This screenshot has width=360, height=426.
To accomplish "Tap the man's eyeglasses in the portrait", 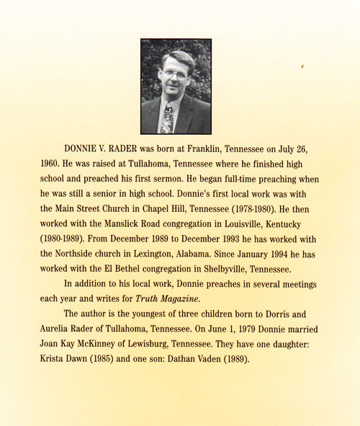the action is [x=175, y=74].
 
